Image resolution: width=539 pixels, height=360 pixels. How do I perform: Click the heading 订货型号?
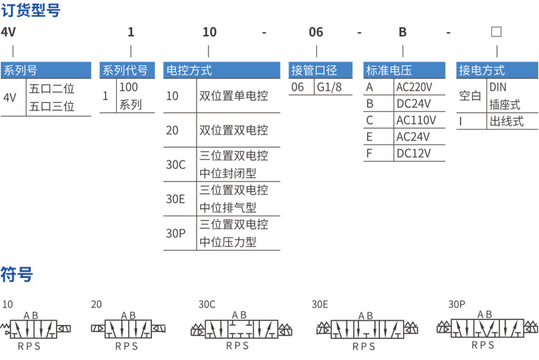point(31,11)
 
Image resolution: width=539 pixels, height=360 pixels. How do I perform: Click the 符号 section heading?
point(17,275)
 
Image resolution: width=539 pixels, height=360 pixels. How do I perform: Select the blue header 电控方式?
point(189,70)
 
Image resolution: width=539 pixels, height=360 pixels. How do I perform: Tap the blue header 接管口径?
point(314,70)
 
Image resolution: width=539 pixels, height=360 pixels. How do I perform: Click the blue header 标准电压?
point(388,70)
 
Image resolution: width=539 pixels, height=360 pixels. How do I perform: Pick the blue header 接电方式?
point(482,70)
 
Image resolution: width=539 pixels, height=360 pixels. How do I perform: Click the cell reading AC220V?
point(414,88)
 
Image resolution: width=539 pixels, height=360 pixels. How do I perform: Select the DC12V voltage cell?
point(414,153)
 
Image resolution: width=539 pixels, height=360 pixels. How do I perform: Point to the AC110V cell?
point(416,120)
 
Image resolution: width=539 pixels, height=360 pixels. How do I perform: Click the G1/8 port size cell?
point(329,88)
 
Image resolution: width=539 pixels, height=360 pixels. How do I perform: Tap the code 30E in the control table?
point(175,199)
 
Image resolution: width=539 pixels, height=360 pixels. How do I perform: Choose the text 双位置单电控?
point(234,96)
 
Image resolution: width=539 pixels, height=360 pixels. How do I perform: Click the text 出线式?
point(507,121)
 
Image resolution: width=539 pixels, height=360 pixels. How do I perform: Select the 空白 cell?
point(470,96)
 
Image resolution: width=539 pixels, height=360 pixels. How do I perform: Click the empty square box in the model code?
point(496,32)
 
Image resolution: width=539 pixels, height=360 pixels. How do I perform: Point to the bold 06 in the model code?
point(316,32)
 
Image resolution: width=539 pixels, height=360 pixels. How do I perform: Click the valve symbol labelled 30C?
point(241,329)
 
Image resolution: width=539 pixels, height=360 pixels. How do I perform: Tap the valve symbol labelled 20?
point(128,328)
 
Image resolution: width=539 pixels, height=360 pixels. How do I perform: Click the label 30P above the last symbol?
point(457,304)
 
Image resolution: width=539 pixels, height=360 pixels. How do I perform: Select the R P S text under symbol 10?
point(29,346)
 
